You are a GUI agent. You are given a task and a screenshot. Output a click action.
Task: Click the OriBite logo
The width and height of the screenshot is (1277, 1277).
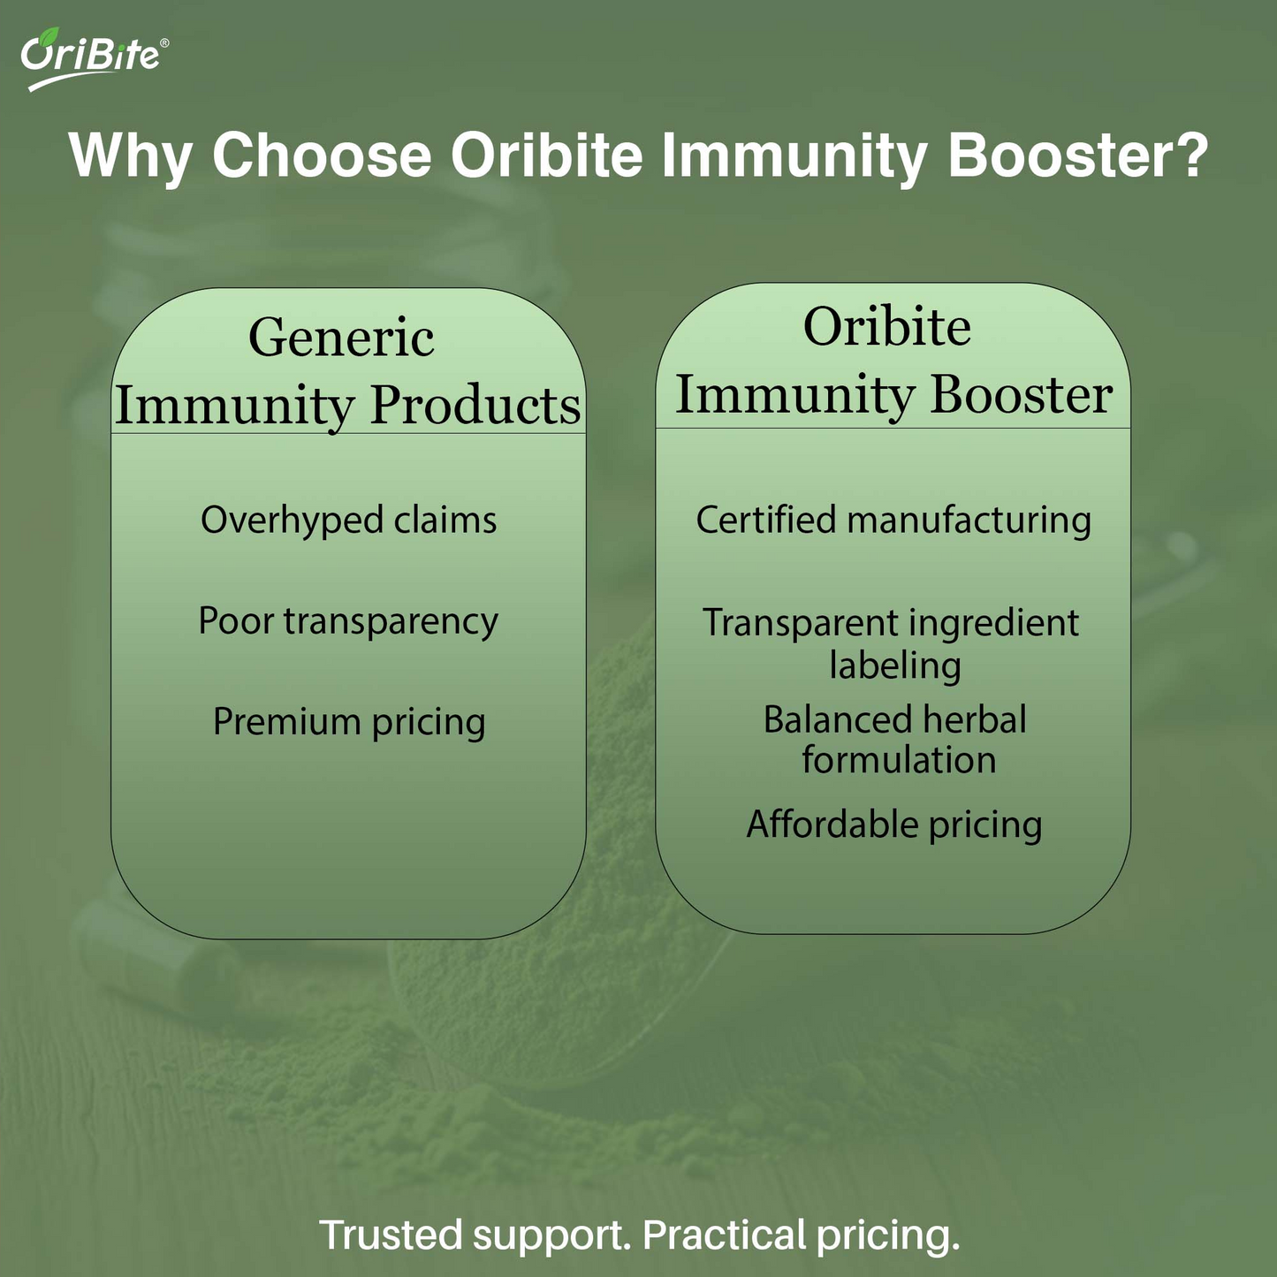click(90, 57)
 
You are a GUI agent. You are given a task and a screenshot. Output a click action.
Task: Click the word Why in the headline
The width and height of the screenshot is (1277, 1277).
click(130, 156)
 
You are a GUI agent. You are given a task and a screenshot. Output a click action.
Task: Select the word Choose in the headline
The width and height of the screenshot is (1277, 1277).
click(322, 156)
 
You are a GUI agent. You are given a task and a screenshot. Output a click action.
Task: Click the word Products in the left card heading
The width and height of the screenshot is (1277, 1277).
click(475, 406)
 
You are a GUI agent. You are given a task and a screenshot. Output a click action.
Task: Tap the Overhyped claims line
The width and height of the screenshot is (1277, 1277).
click(348, 520)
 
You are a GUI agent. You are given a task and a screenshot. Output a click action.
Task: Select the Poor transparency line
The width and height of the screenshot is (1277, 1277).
click(348, 621)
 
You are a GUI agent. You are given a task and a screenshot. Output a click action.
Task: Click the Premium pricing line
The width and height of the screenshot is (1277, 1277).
click(349, 722)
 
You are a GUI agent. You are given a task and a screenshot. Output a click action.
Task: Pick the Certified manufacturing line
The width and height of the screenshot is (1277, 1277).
click(893, 520)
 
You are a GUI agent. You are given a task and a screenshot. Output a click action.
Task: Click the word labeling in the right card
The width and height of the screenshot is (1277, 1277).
click(894, 665)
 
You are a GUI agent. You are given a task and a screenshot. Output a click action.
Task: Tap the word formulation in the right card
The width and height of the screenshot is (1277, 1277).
click(899, 760)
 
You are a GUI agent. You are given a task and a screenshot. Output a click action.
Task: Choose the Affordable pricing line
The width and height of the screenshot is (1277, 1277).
click(894, 825)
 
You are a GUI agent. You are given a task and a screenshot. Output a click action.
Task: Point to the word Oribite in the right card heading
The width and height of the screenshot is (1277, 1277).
click(887, 326)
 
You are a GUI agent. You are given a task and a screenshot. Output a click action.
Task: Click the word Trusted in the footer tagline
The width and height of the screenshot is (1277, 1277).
click(391, 1235)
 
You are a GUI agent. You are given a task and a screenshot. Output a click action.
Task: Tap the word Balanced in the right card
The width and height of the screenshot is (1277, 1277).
click(824, 719)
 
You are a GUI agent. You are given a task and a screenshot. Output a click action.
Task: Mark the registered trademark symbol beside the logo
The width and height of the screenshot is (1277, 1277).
click(163, 42)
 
